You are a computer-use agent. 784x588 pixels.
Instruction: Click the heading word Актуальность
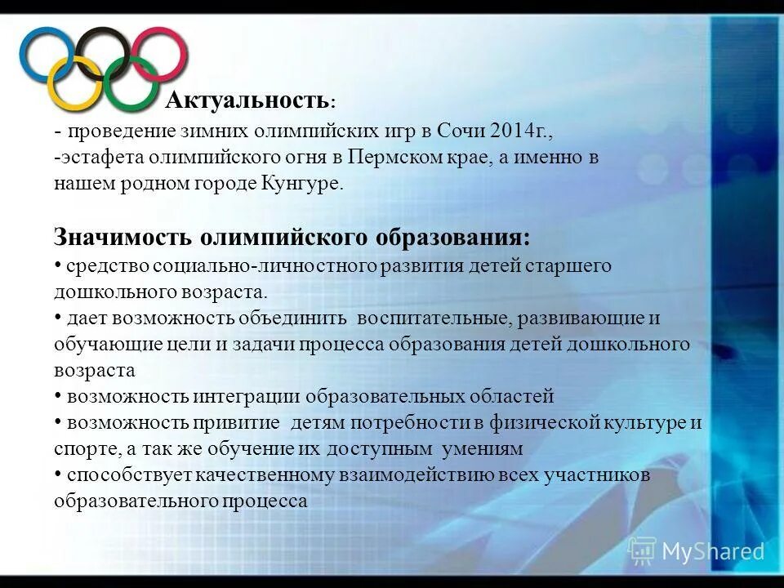click(x=247, y=100)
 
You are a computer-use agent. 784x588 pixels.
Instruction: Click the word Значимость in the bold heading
click(x=123, y=238)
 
